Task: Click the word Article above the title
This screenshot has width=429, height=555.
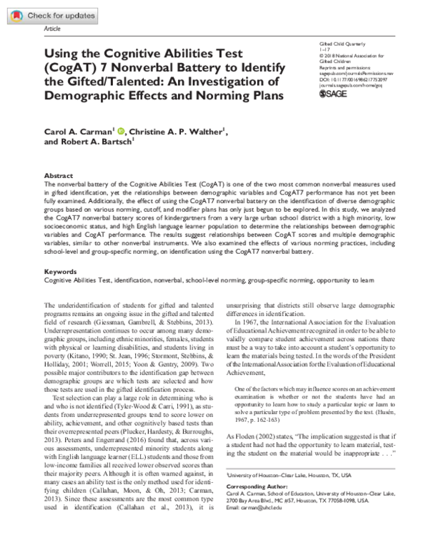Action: pyautogui.click(x=53, y=29)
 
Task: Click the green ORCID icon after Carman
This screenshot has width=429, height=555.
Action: pyautogui.click(x=121, y=131)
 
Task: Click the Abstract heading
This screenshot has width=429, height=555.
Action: pyautogui.click(x=58, y=175)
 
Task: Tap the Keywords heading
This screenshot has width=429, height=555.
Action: pyautogui.click(x=60, y=252)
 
